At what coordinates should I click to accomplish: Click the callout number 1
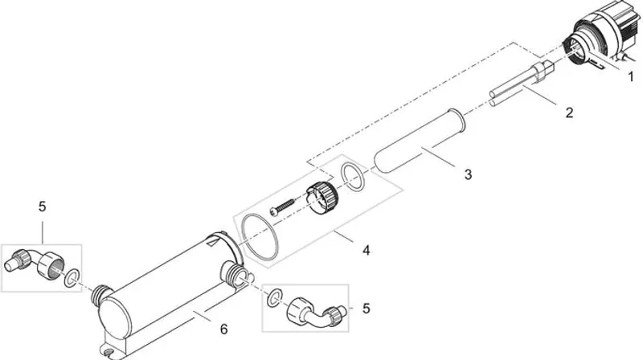pyautogui.click(x=631, y=76)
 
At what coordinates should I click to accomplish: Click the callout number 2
pyautogui.click(x=569, y=112)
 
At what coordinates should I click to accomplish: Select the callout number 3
pyautogui.click(x=468, y=174)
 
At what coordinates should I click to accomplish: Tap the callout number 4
pyautogui.click(x=367, y=249)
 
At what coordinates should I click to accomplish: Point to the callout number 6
pyautogui.click(x=223, y=329)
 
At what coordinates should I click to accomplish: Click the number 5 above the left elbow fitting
pyautogui.click(x=43, y=207)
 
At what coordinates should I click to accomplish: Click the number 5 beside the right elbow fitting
pyautogui.click(x=367, y=308)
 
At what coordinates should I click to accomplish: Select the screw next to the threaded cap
pyautogui.click(x=283, y=206)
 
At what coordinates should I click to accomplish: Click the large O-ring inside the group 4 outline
pyautogui.click(x=260, y=237)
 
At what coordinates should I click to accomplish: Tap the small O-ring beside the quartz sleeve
pyautogui.click(x=353, y=177)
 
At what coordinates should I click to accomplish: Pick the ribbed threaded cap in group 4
pyautogui.click(x=323, y=196)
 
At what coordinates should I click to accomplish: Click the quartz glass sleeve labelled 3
pyautogui.click(x=420, y=141)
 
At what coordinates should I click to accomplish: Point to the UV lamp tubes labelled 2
pyautogui.click(x=519, y=85)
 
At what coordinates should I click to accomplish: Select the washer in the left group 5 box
pyautogui.click(x=72, y=278)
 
